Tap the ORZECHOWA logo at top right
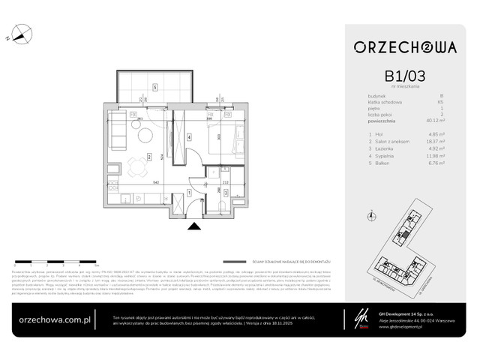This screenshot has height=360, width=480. (405, 47)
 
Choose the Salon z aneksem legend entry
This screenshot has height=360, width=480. (391, 142)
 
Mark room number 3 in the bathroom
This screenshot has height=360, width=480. (224, 192)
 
